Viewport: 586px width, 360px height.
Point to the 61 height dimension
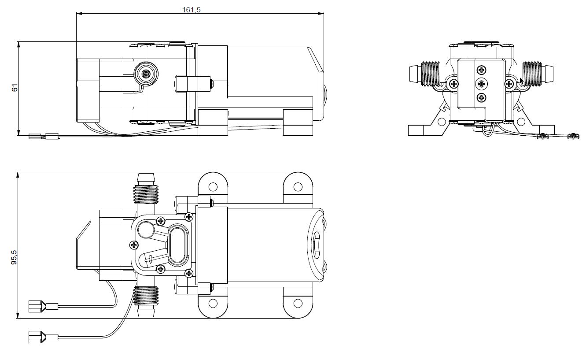[x=15, y=88]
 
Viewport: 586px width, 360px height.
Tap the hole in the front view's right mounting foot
[x=521, y=122]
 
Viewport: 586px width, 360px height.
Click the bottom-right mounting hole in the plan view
[x=299, y=303]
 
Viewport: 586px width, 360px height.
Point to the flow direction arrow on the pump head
[x=150, y=259]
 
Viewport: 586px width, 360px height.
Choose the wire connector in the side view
[x=44, y=137]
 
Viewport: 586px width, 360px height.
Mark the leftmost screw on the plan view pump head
[x=133, y=244]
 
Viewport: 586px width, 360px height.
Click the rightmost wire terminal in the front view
[x=572, y=136]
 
